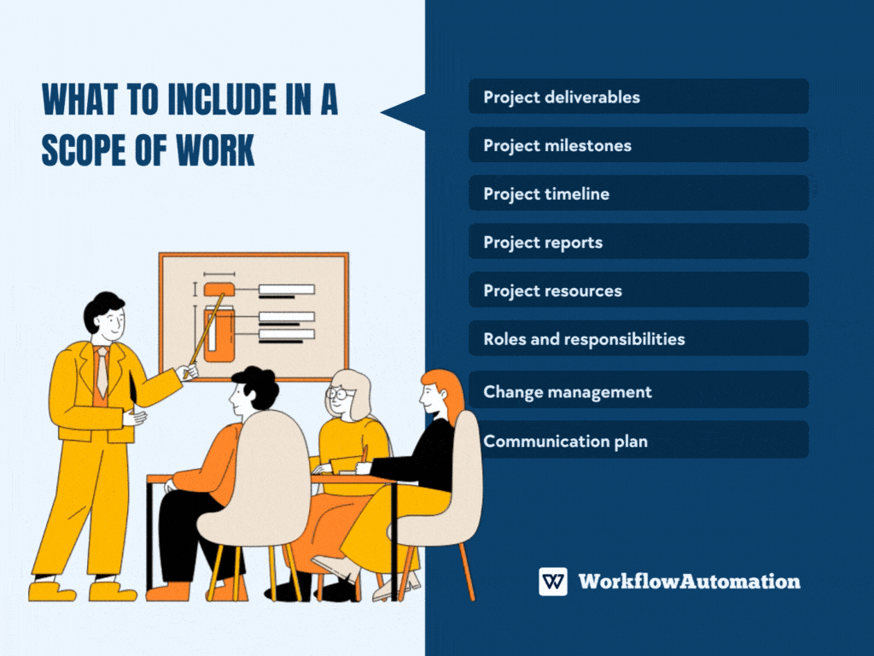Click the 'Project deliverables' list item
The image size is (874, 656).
point(638,97)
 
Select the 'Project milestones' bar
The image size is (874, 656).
point(638,145)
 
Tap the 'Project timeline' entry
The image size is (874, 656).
point(638,194)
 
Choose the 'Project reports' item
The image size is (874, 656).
point(638,242)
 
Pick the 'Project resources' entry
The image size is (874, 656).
point(638,290)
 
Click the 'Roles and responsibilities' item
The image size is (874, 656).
point(638,339)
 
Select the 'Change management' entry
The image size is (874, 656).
point(638,392)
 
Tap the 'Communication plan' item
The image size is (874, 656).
point(638,442)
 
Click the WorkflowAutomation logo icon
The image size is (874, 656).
point(553,582)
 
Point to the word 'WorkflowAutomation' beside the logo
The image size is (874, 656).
point(690,582)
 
